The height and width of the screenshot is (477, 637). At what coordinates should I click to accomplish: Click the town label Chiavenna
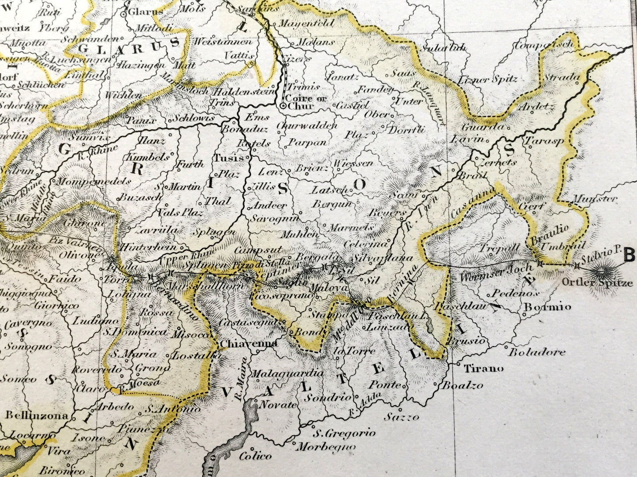(249, 344)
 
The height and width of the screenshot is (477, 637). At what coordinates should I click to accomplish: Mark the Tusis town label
(228, 158)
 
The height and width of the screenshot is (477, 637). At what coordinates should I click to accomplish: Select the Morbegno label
(326, 447)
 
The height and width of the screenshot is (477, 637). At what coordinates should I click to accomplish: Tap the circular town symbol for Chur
(283, 106)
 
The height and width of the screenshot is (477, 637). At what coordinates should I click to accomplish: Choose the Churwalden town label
(307, 126)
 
